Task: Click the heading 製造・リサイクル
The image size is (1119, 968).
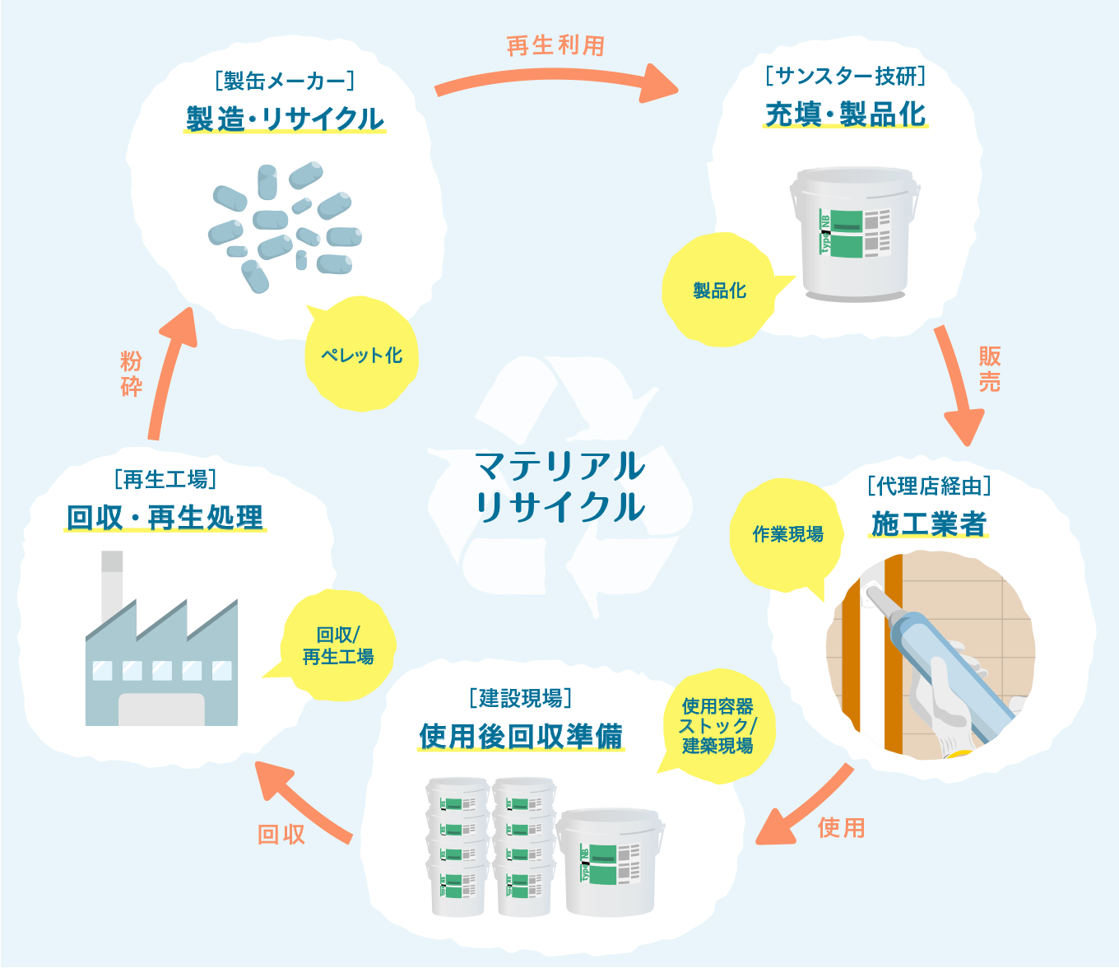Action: click(x=285, y=119)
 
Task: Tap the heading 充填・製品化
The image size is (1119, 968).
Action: click(x=845, y=114)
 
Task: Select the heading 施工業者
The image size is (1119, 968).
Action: click(x=929, y=524)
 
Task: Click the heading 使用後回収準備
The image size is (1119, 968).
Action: click(x=521, y=736)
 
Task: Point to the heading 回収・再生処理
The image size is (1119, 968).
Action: click(x=165, y=518)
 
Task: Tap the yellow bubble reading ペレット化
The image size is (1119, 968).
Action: click(x=361, y=356)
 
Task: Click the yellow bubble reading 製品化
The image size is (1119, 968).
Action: click(x=719, y=291)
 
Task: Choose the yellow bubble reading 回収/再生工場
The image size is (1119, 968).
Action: click(x=337, y=646)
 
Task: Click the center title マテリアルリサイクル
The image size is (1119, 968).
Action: click(x=560, y=486)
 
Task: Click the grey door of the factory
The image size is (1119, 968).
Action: click(x=161, y=709)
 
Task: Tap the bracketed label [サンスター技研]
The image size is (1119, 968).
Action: click(x=845, y=77)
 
